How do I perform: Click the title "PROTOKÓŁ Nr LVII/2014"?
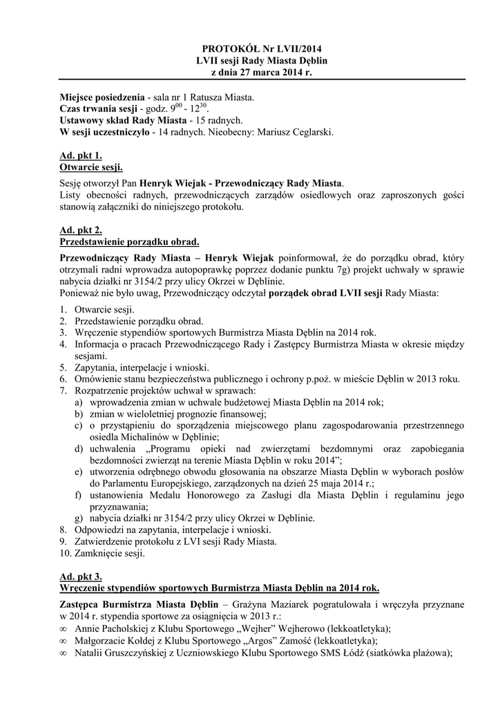click(x=262, y=49)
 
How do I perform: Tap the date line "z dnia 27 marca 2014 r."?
click(x=262, y=73)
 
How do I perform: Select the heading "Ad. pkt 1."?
click(x=81, y=156)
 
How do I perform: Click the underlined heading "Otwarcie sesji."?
click(x=92, y=167)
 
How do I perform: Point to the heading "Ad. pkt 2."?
click(x=81, y=230)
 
